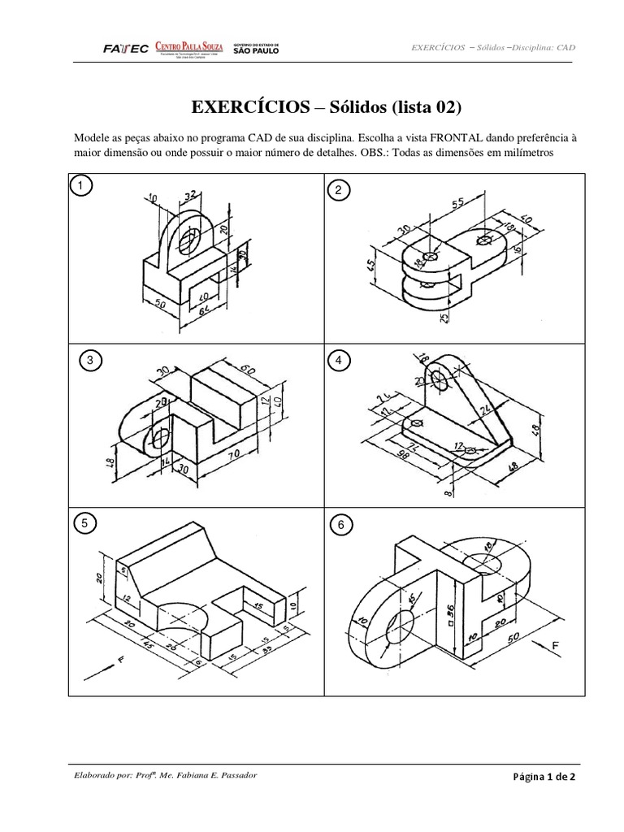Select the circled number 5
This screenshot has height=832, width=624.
(x=82, y=524)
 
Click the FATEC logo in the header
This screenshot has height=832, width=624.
(x=126, y=49)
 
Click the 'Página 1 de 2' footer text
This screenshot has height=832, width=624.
(x=544, y=777)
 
